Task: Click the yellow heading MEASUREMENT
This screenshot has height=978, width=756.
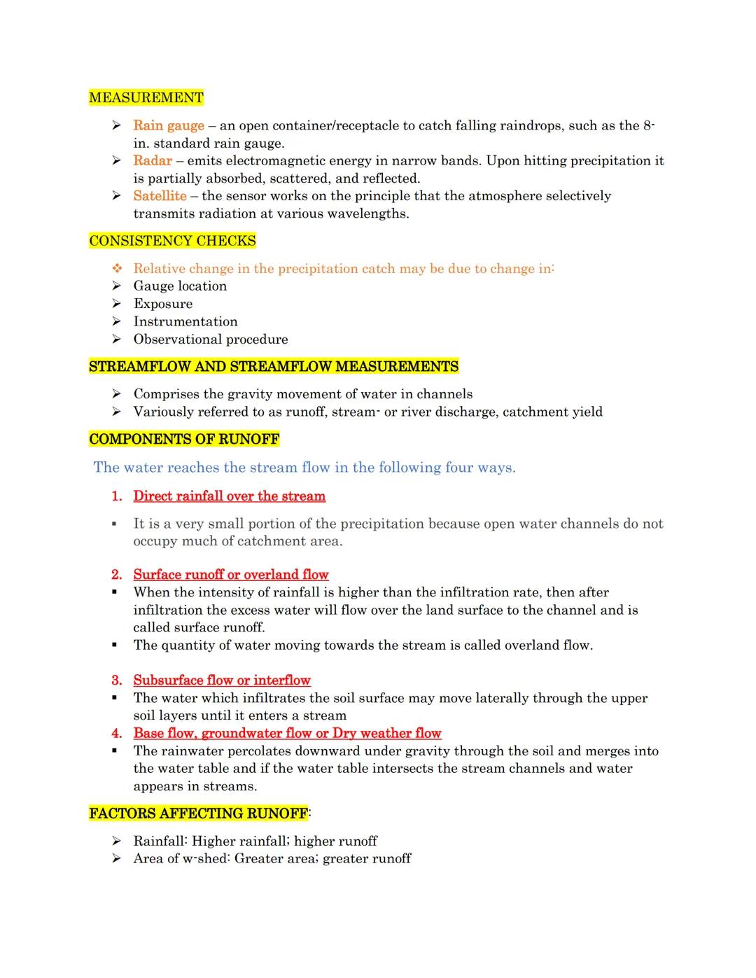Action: click(146, 98)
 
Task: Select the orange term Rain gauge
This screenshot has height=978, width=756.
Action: click(169, 126)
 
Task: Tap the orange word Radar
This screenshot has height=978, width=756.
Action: click(153, 161)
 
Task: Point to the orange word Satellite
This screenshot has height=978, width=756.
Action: click(160, 196)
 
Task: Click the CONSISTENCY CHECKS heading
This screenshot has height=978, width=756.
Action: click(172, 242)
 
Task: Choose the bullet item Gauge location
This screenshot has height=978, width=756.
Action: click(180, 286)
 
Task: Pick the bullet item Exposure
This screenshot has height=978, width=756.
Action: click(162, 304)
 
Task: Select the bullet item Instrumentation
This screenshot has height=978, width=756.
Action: click(185, 322)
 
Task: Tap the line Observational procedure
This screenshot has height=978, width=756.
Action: click(211, 340)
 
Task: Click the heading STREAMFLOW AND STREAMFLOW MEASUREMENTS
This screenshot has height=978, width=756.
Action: click(274, 367)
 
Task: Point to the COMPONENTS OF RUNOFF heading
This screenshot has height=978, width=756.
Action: click(184, 440)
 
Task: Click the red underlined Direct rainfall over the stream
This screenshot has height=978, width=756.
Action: click(230, 496)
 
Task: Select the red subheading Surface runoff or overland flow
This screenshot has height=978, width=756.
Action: click(231, 575)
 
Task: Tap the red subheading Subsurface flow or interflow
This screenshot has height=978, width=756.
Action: click(222, 680)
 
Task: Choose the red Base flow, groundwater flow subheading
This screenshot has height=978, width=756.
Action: click(287, 734)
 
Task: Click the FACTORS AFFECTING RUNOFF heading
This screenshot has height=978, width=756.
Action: click(198, 813)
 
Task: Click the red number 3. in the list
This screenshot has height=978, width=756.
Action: click(117, 680)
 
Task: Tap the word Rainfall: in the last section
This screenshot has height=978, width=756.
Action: click(160, 841)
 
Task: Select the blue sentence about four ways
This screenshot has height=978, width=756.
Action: click(304, 468)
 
